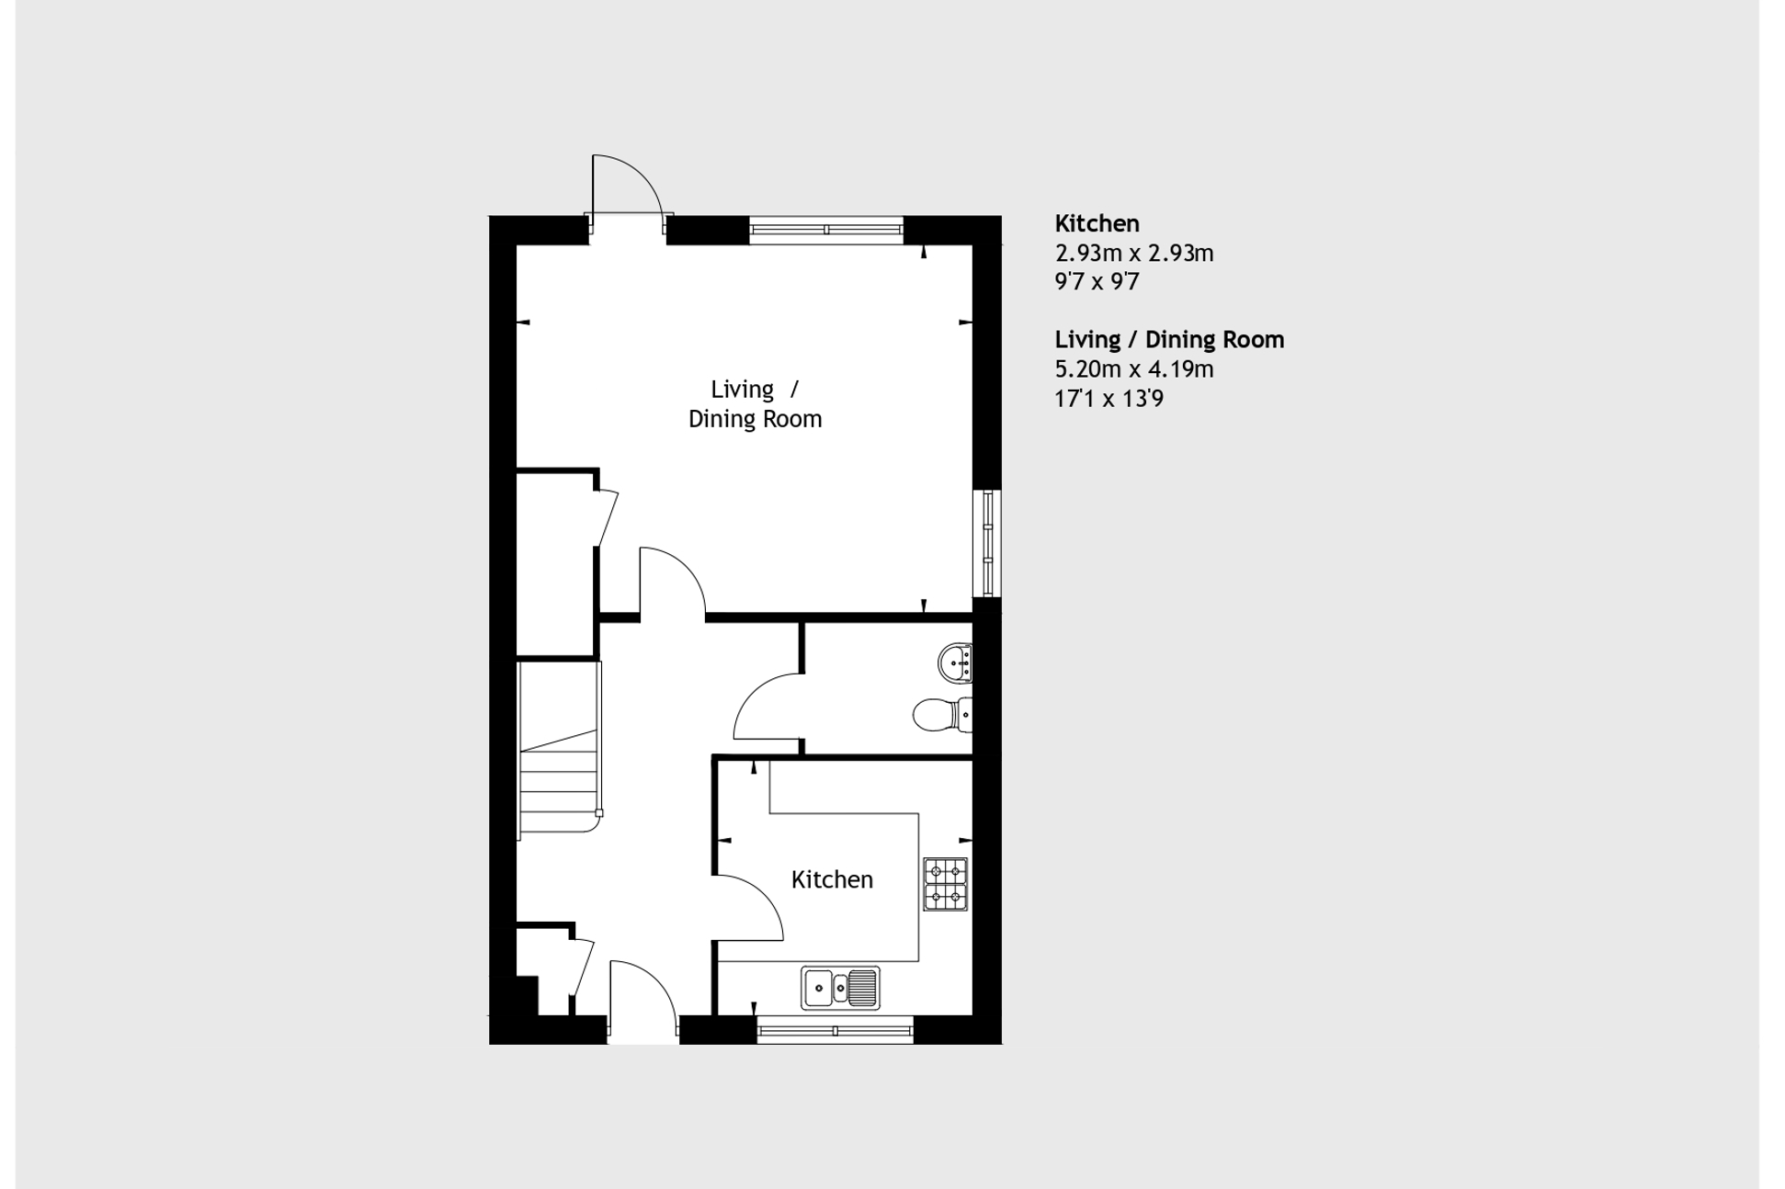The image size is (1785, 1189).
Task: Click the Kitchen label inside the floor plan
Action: (x=832, y=879)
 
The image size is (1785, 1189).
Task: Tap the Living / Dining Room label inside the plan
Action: (x=755, y=403)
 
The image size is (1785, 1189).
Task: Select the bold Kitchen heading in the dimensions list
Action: (x=1097, y=223)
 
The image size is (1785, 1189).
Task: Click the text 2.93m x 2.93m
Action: (x=1133, y=253)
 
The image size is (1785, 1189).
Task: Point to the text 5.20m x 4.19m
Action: (x=1133, y=369)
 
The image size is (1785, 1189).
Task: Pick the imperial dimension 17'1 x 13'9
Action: (x=1109, y=399)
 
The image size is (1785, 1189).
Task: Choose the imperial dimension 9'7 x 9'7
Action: (x=1097, y=282)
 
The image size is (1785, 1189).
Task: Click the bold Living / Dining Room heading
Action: (x=1168, y=340)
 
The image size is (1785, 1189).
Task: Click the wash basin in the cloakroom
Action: (x=955, y=662)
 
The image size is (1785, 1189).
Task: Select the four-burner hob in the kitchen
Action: (x=945, y=883)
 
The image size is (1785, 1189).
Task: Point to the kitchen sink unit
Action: (x=840, y=988)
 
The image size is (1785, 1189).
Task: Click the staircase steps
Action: (x=559, y=781)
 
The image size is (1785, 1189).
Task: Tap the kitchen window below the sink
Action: (x=835, y=1030)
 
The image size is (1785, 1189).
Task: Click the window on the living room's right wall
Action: (x=988, y=543)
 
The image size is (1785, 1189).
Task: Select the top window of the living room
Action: (x=825, y=230)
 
